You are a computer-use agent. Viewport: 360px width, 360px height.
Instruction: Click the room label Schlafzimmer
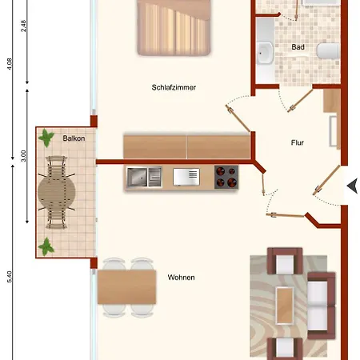tap(174, 88)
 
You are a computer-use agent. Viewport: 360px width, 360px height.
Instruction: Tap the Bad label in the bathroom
tap(298, 47)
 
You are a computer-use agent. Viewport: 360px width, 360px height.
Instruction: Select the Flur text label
tap(298, 144)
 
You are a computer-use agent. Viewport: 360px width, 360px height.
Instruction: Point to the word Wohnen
tap(181, 278)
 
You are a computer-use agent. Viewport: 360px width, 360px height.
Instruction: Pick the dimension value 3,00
tap(24, 155)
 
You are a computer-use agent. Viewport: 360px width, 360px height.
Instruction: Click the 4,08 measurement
tap(9, 63)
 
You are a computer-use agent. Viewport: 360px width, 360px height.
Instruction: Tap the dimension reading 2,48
tap(24, 25)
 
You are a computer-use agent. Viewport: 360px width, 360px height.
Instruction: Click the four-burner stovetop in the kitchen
tap(226, 177)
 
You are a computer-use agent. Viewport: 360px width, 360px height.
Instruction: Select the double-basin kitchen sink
tap(144, 177)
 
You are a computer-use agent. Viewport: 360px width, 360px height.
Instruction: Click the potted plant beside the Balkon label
tap(47, 138)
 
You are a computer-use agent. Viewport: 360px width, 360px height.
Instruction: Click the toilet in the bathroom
tap(328, 52)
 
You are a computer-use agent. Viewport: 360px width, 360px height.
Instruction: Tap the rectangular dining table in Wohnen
tap(126, 287)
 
